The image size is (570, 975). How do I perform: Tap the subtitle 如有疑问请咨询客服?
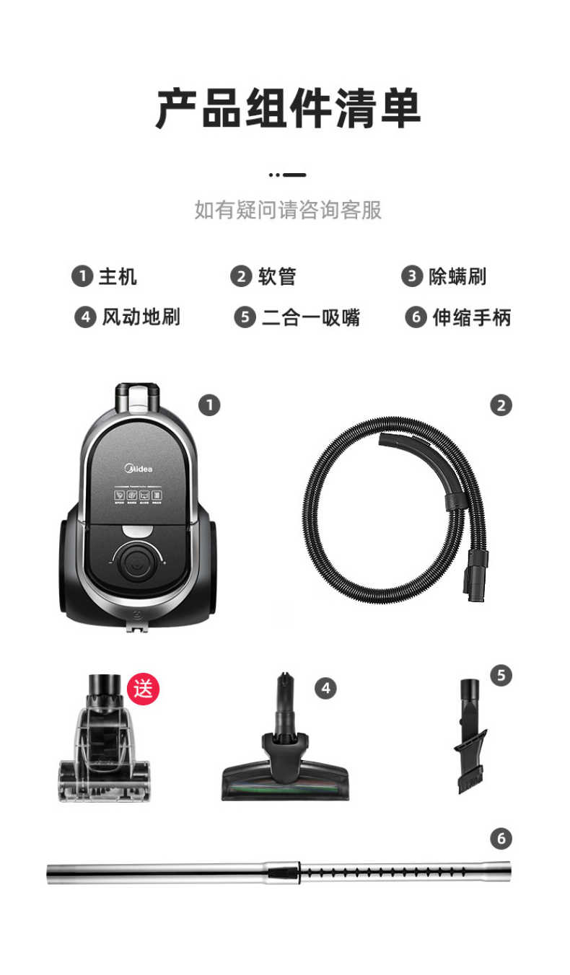(287, 210)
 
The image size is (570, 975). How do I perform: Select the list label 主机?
(117, 276)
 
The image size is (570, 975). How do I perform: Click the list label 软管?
(276, 276)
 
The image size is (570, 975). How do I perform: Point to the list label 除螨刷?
(457, 276)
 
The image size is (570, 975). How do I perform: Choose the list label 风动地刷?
(140, 317)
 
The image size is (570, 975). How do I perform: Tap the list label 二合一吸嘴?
(310, 317)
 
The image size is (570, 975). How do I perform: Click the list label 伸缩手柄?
(471, 317)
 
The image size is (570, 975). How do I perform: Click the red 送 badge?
(143, 689)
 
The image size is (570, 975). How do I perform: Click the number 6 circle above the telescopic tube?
(501, 839)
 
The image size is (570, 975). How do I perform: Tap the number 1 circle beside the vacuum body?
(209, 405)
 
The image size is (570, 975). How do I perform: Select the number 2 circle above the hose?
(501, 405)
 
